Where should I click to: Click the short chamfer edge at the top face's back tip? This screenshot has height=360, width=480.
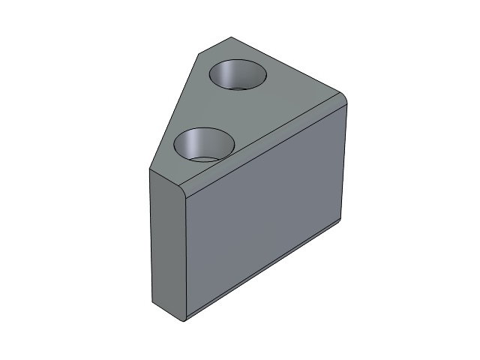pyautogui.click(x=214, y=44)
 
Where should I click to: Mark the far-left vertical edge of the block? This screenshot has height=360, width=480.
pyautogui.click(x=150, y=236)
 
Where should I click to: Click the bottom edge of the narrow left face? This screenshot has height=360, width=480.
pyautogui.click(x=166, y=314)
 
